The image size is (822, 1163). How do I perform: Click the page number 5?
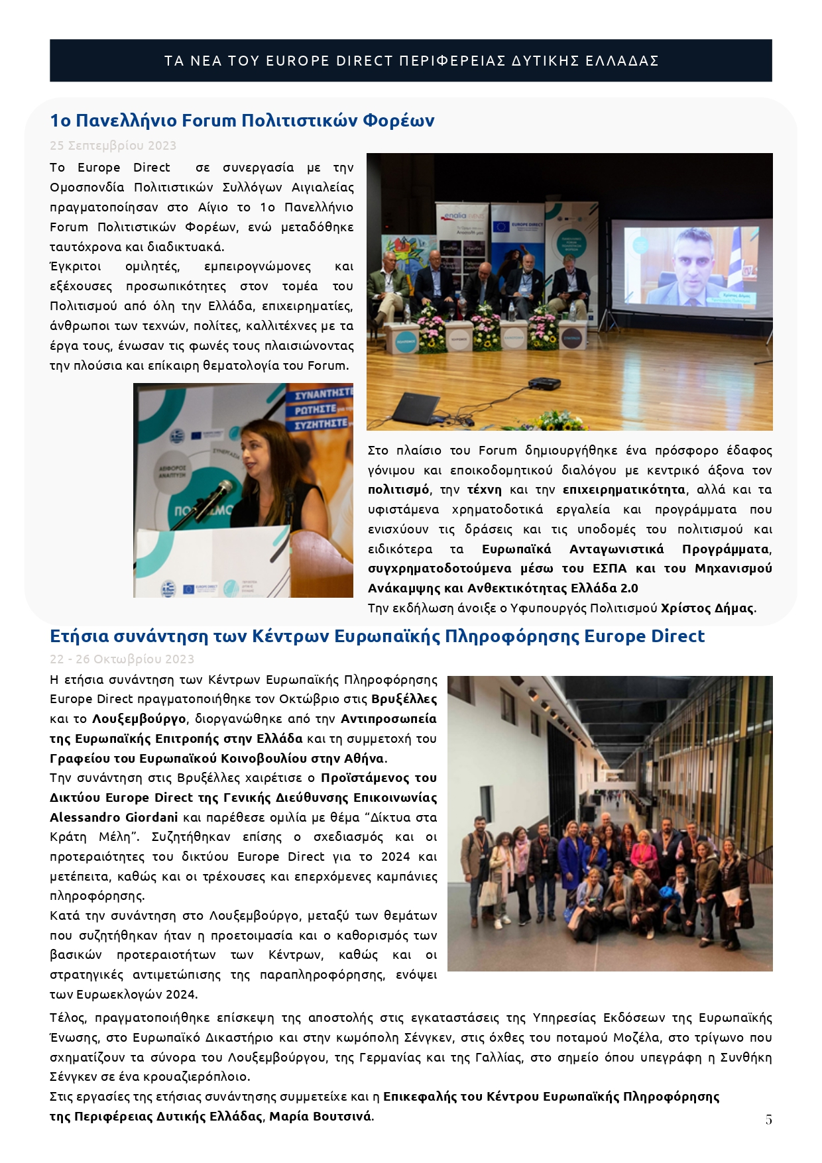[x=768, y=1119]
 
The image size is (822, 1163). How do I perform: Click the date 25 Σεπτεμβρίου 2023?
[x=113, y=146]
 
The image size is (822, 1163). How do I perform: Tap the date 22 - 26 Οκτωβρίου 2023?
[x=122, y=659]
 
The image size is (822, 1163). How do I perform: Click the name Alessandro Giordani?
[x=114, y=817]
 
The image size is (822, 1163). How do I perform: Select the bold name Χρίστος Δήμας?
[x=707, y=608]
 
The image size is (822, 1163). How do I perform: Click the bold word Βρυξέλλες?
[x=404, y=699]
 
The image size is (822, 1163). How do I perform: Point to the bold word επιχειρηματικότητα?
[x=624, y=490]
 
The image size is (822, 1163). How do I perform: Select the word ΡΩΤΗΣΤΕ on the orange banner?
[x=316, y=410]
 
